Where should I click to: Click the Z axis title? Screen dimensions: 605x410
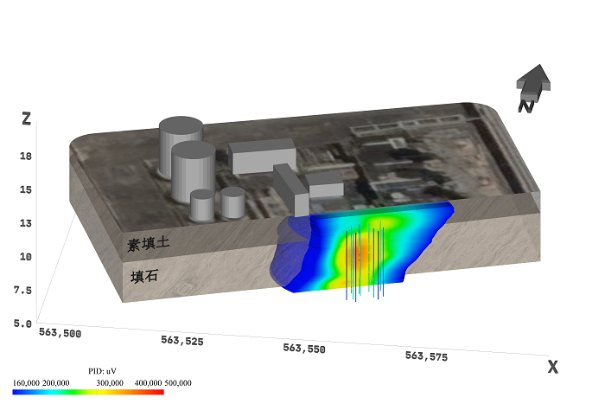click(x=26, y=119)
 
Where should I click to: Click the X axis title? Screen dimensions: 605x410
click(x=553, y=367)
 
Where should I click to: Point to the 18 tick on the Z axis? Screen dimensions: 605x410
click(x=26, y=157)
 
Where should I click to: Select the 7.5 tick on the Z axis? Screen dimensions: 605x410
click(x=22, y=290)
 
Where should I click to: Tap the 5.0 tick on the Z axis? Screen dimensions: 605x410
click(x=22, y=324)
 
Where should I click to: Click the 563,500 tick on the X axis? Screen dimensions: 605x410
click(x=60, y=333)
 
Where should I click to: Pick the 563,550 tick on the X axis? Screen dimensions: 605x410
click(x=304, y=349)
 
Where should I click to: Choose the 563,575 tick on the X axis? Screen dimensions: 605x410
click(x=426, y=356)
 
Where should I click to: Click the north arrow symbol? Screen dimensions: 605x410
click(x=533, y=88)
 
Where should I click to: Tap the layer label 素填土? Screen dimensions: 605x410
click(x=149, y=244)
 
